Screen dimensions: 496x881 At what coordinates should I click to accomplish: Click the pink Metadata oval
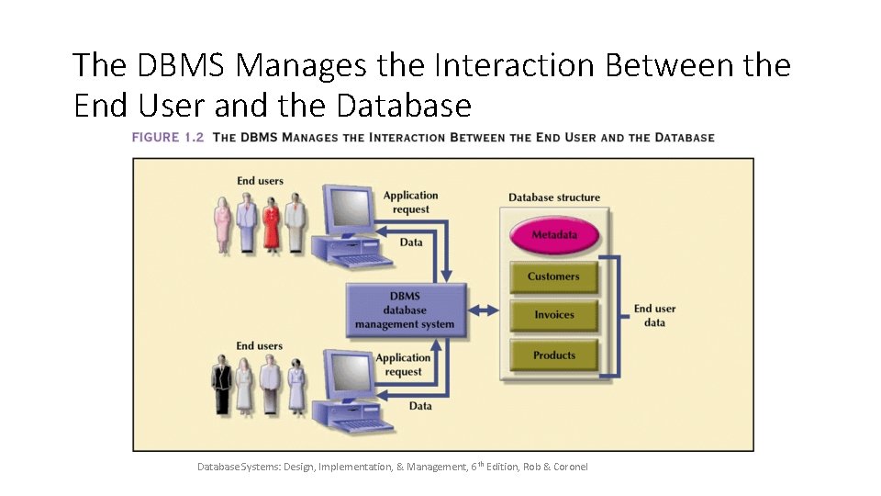coord(554,235)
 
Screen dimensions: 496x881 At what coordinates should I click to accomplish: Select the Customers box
coord(553,276)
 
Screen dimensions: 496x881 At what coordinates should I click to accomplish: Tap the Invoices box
coord(553,315)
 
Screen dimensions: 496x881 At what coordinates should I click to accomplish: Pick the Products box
coord(553,355)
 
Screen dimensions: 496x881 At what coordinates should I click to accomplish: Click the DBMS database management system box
coord(405,310)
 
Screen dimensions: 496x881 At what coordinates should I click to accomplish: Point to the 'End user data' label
coord(654,315)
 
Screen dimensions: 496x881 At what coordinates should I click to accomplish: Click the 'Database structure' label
coord(554,197)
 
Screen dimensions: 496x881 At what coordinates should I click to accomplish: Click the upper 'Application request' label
coord(411,202)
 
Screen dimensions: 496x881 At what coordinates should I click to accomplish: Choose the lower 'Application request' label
coord(404,365)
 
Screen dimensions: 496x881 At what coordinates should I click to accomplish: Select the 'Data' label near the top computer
coord(412,242)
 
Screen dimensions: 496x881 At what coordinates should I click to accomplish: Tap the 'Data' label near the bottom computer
coord(420,405)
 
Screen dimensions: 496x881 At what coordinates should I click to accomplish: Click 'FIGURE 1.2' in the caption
coord(168,138)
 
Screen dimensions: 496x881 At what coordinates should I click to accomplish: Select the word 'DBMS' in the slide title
coord(177,65)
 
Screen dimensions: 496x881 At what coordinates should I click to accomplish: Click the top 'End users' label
coord(260,181)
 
